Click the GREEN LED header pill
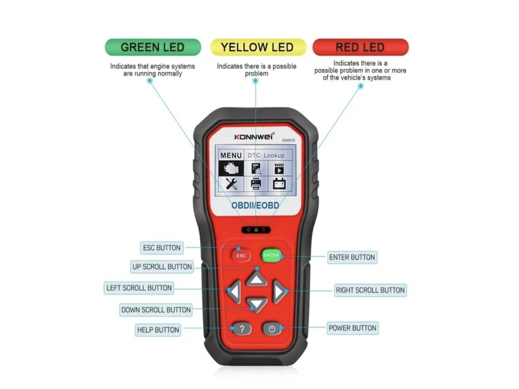pyautogui.click(x=153, y=47)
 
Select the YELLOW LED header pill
pyautogui.click(x=258, y=47)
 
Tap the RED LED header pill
pyautogui.click(x=360, y=47)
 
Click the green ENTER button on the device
pyautogui.click(x=271, y=255)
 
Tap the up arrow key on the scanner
pyautogui.click(x=256, y=278)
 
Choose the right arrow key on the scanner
pyautogui.click(x=279, y=291)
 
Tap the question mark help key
pyautogui.click(x=242, y=329)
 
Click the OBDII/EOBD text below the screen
pyautogui.click(x=255, y=205)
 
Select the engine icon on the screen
pyautogui.click(x=231, y=168)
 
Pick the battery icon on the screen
pyautogui.click(x=279, y=184)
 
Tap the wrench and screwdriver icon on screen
pyautogui.click(x=231, y=184)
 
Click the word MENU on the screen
pyautogui.click(x=231, y=156)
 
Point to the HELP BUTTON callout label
pyautogui.click(x=158, y=330)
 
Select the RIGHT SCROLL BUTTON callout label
pyautogui.click(x=370, y=290)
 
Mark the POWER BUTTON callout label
pyautogui.click(x=352, y=328)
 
